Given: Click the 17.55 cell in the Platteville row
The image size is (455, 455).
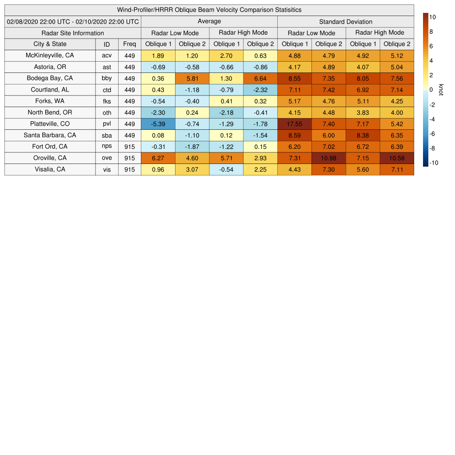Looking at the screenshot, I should [x=295, y=124].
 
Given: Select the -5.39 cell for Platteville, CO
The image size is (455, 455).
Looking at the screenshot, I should [x=158, y=124].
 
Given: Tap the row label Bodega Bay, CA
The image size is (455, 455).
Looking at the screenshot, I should [x=50, y=78].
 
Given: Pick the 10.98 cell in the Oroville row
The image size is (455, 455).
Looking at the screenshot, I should [x=329, y=158].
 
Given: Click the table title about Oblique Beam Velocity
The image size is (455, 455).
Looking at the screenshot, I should [x=209, y=10].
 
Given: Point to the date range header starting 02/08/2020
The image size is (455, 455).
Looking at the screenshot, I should [x=73, y=21].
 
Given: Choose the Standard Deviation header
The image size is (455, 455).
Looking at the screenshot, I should [x=346, y=22].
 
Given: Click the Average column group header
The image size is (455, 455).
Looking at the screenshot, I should [x=209, y=21].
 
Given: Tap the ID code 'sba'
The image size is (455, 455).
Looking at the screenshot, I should [x=107, y=136].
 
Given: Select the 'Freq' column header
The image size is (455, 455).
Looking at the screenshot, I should [x=130, y=44].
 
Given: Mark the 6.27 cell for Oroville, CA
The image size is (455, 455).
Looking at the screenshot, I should [x=158, y=158].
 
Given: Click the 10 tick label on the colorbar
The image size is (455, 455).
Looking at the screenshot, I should [x=432, y=17].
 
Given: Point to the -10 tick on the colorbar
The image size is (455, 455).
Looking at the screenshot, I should [x=434, y=163].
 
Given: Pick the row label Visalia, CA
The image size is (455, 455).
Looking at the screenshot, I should [x=50, y=169].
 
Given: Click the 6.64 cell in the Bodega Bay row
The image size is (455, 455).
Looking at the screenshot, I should [x=260, y=78].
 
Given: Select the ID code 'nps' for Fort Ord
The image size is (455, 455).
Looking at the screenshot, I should [x=107, y=147].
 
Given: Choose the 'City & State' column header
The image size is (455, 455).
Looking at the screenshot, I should [x=50, y=44].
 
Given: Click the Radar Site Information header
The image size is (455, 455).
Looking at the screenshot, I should [x=73, y=33].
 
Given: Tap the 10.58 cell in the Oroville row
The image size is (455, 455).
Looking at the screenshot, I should [x=397, y=158].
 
